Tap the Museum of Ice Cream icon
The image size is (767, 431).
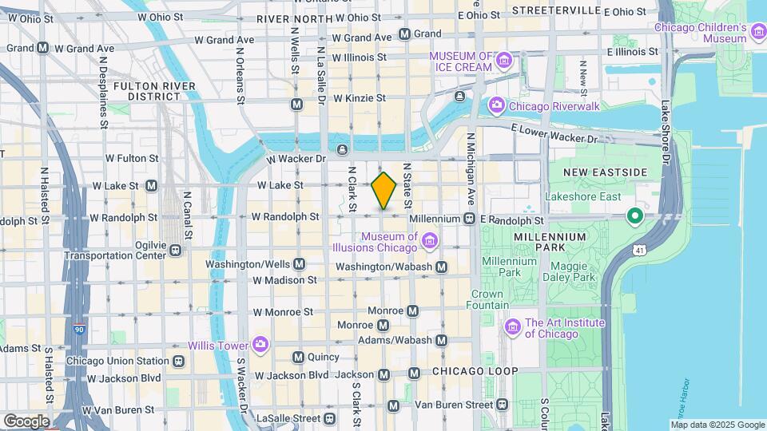pyautogui.click(x=503, y=61)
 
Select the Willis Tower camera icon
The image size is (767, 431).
pyautogui.click(x=260, y=344)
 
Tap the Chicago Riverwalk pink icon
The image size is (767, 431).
pyautogui.click(x=496, y=105)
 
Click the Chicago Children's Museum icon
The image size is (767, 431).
pyautogui.click(x=757, y=32)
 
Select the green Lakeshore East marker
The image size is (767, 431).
pyautogui.click(x=635, y=215)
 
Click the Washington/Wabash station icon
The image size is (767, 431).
pyautogui.click(x=441, y=267)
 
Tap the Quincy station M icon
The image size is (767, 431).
pyautogui.click(x=299, y=358)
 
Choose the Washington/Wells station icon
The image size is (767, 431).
pyautogui.click(x=299, y=263)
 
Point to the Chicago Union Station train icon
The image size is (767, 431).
pyautogui.click(x=177, y=361)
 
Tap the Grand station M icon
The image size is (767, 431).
pyautogui.click(x=404, y=34)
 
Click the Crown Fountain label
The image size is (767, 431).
pyautogui.click(x=487, y=299)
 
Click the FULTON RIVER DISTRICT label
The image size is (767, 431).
pyautogui.click(x=147, y=90)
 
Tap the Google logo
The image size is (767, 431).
pyautogui.click(x=26, y=421)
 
